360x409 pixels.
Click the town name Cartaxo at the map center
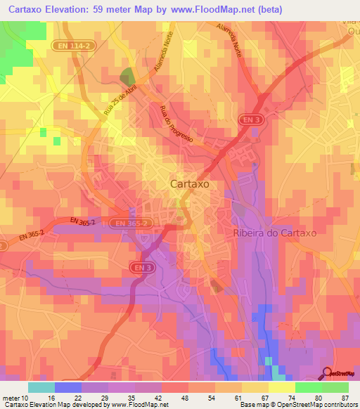click(190, 183)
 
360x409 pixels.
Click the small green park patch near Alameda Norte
click(127, 77)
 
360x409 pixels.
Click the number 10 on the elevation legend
click(25, 397)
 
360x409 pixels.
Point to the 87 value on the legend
click(345, 397)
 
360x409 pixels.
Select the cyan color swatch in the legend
click(41, 387)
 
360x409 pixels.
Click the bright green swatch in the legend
click(308, 387)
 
